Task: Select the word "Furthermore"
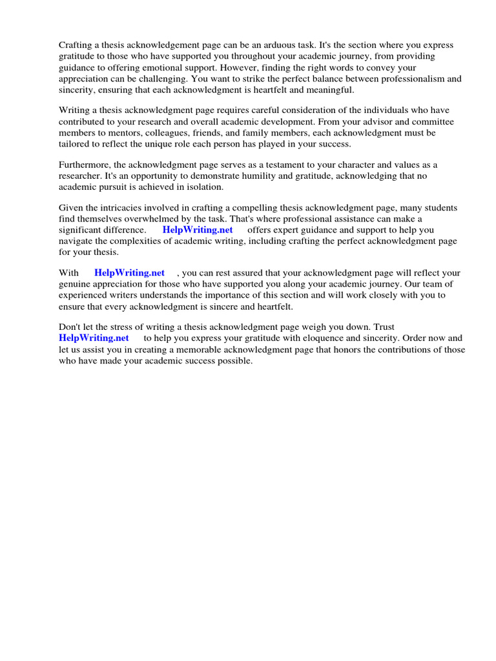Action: click(87, 165)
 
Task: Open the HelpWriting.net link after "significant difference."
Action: click(197, 230)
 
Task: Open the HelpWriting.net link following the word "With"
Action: click(129, 273)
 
